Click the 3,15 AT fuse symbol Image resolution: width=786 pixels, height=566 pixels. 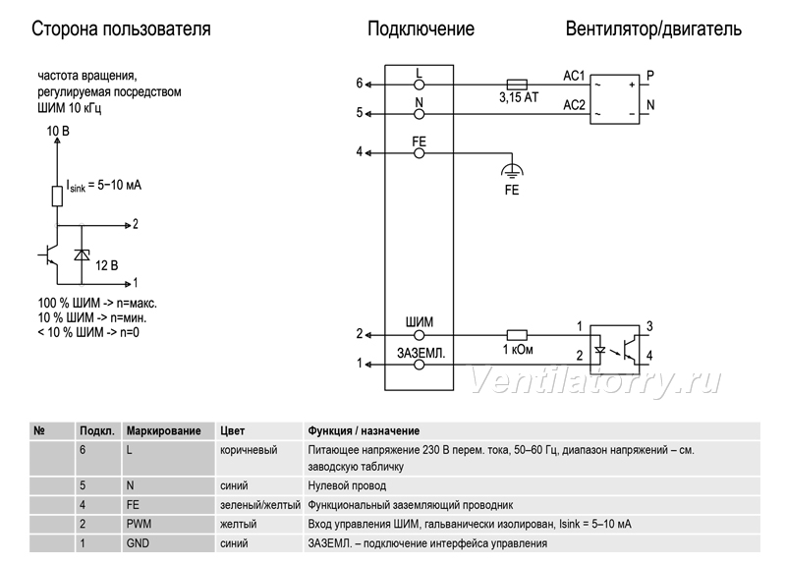pyautogui.click(x=517, y=85)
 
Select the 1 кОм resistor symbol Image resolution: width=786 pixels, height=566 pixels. pyautogui.click(x=517, y=335)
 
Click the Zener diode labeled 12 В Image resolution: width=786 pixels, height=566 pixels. pyautogui.click(x=82, y=255)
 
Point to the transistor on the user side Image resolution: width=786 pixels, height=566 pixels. pyautogui.click(x=49, y=255)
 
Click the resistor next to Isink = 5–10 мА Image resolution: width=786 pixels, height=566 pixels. pyautogui.click(x=57, y=196)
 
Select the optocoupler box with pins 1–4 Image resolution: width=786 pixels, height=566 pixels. pyautogui.click(x=615, y=350)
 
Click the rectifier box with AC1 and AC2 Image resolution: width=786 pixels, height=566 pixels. pyautogui.click(x=615, y=99)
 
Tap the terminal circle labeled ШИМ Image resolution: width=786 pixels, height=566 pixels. pyautogui.click(x=420, y=335)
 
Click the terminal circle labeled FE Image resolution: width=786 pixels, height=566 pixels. pyautogui.click(x=420, y=153)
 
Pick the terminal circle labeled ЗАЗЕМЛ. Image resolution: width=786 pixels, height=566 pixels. pyautogui.click(x=420, y=365)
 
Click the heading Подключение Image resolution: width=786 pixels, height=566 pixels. pyautogui.click(x=421, y=28)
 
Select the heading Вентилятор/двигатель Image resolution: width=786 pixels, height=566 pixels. pyautogui.click(x=653, y=28)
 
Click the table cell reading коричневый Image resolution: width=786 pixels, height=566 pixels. pyautogui.click(x=249, y=450)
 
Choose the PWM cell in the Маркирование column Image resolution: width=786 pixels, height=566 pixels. pyautogui.click(x=139, y=524)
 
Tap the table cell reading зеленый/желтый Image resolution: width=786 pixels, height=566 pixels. pyautogui.click(x=260, y=505)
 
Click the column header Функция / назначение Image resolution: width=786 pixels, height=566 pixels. pyautogui.click(x=364, y=430)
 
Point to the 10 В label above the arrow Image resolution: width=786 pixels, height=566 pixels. pyautogui.click(x=58, y=132)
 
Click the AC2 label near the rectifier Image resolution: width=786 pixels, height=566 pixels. pyautogui.click(x=574, y=105)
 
